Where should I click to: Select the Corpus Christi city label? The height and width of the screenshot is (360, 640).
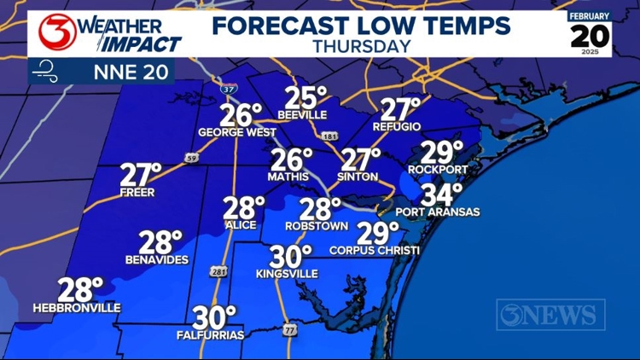pos(375,251)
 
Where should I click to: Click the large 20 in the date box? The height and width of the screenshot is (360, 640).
pos(591,37)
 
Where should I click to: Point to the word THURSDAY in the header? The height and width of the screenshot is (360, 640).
pos(361,46)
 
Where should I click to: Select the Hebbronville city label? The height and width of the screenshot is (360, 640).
pos(77,308)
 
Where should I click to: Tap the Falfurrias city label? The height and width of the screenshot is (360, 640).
pos(209,335)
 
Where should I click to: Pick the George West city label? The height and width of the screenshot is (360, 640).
pos(236,133)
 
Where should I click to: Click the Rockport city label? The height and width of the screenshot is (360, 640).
pos(439,169)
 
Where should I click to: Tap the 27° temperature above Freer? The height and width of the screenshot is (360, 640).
pos(140,173)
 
